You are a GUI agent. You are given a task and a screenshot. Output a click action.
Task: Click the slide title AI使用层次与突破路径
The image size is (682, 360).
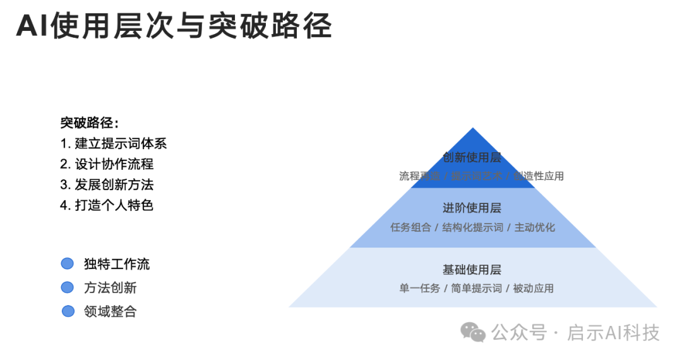[x=174, y=27]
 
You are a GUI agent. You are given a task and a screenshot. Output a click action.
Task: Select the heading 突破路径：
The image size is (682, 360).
[x=89, y=123]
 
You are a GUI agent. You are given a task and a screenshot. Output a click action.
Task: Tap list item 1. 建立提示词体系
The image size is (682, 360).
[x=114, y=143]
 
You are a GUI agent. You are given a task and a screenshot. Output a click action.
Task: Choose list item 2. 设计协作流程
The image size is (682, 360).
[x=107, y=164]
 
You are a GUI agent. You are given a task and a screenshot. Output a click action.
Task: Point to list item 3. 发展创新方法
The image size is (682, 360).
[x=107, y=184]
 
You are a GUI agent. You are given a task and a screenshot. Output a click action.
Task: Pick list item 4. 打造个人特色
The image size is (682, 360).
[x=107, y=205]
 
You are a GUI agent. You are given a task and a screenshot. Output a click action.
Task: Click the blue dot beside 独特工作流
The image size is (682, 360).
[x=67, y=264]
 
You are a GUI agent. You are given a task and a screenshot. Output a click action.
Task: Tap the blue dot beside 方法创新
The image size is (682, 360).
[x=67, y=287]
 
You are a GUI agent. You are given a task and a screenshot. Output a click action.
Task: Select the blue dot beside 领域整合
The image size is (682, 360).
[x=68, y=311]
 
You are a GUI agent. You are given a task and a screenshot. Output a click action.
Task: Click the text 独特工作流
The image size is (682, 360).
[x=117, y=264]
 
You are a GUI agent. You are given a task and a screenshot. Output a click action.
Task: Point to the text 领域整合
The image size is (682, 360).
[x=110, y=311]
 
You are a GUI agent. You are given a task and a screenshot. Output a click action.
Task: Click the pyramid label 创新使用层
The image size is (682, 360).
[x=472, y=157]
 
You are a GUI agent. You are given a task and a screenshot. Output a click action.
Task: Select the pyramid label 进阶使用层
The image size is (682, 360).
[x=472, y=208]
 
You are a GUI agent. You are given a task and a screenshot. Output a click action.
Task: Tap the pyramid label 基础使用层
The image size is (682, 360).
[x=472, y=270]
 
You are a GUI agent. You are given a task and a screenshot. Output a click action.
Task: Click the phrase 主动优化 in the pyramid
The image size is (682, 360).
[x=535, y=227]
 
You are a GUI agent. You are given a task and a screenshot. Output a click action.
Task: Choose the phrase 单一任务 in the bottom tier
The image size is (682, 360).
[x=419, y=289]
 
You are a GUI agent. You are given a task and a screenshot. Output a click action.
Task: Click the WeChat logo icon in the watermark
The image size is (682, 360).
[x=473, y=332]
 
